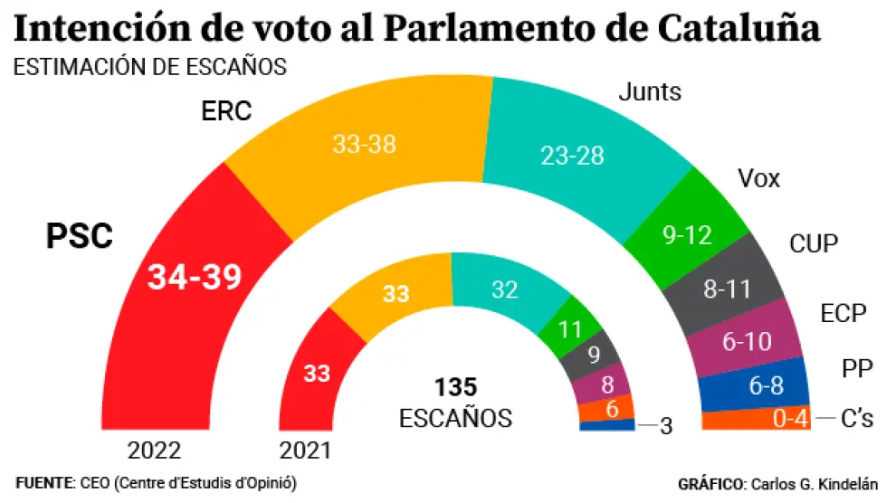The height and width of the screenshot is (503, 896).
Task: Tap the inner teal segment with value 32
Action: [x=504, y=289]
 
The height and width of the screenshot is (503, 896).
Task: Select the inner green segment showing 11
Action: [x=571, y=327]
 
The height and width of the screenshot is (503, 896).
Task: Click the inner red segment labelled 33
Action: [x=317, y=373]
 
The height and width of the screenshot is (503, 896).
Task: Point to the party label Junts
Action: [x=649, y=92]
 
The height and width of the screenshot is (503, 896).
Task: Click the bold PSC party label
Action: [x=80, y=237]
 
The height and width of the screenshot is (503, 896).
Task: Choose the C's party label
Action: [x=856, y=420]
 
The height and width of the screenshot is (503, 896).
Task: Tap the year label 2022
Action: [x=155, y=451]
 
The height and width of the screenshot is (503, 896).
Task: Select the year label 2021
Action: [x=305, y=451]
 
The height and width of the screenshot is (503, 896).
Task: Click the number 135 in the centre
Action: [x=455, y=388]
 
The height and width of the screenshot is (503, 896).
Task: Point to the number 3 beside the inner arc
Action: [x=666, y=426]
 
